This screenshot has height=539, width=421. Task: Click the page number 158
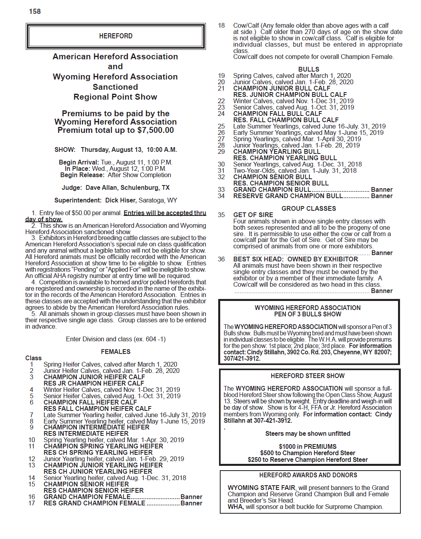35,11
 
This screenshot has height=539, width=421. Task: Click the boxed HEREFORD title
116,36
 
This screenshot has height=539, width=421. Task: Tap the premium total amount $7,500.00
155,130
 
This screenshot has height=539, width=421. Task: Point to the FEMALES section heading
116,352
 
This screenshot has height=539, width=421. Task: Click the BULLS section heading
309,69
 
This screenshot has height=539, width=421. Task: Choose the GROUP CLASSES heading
309,208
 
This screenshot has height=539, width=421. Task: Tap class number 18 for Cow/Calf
221,26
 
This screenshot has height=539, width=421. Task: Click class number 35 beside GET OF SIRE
221,215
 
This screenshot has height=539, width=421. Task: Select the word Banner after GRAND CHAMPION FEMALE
191,497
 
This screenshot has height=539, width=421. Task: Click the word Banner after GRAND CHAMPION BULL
381,189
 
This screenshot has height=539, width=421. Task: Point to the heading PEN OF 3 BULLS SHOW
308,314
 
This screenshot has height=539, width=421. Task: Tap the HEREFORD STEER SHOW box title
308,376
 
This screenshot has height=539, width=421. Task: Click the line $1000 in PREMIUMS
308,446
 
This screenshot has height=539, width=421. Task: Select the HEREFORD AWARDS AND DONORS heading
308,475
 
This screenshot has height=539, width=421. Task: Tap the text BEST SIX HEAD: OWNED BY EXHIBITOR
295,259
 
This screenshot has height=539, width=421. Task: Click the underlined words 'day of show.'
44,219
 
